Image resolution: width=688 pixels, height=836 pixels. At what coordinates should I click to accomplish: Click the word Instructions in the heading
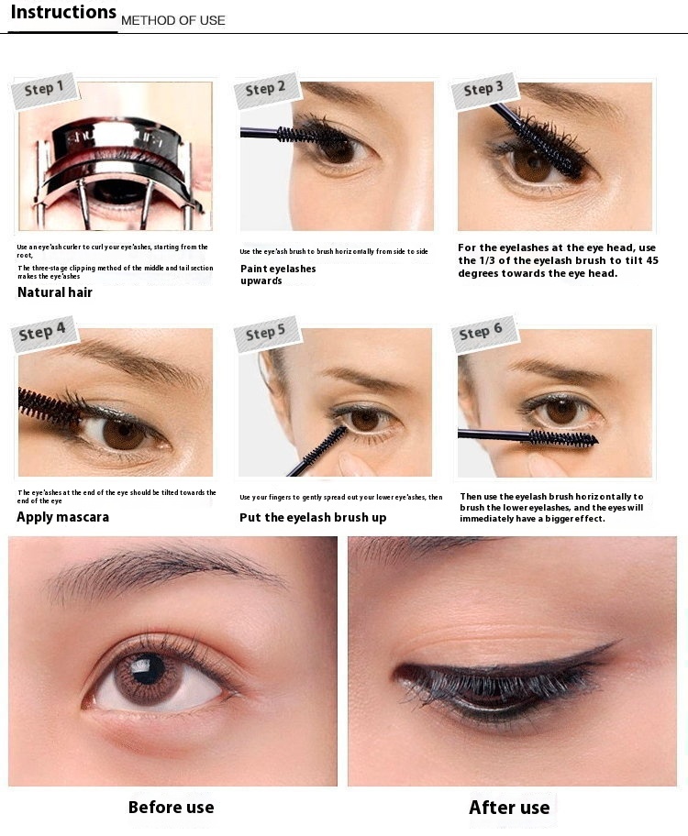pyautogui.click(x=63, y=12)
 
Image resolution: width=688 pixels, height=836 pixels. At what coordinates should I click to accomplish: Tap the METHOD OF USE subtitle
pyautogui.click(x=173, y=20)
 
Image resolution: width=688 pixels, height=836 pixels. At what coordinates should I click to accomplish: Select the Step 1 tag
pyautogui.click(x=44, y=89)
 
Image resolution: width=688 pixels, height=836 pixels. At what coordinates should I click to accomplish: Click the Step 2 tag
pyautogui.click(x=266, y=89)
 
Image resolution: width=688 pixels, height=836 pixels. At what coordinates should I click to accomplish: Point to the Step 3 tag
pyautogui.click(x=483, y=89)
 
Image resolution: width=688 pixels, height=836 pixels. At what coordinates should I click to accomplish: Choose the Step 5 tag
pyautogui.click(x=266, y=333)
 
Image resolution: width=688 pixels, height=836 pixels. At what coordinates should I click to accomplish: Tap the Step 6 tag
pyautogui.click(x=482, y=333)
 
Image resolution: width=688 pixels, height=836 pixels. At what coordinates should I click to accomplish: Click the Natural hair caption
pyautogui.click(x=55, y=292)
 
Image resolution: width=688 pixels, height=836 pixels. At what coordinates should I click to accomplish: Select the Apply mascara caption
pyautogui.click(x=63, y=517)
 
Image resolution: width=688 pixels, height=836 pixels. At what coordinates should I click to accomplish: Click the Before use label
pyautogui.click(x=172, y=808)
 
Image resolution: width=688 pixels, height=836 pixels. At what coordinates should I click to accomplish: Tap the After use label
pyautogui.click(x=509, y=808)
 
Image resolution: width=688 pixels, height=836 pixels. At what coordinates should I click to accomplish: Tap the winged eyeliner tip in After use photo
pyautogui.click(x=619, y=642)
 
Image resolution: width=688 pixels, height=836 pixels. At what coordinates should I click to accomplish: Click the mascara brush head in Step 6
pyautogui.click(x=563, y=439)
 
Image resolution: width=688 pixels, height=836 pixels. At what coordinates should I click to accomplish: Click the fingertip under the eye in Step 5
pyautogui.click(x=353, y=463)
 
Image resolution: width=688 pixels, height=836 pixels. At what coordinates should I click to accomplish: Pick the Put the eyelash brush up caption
pyautogui.click(x=313, y=517)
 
